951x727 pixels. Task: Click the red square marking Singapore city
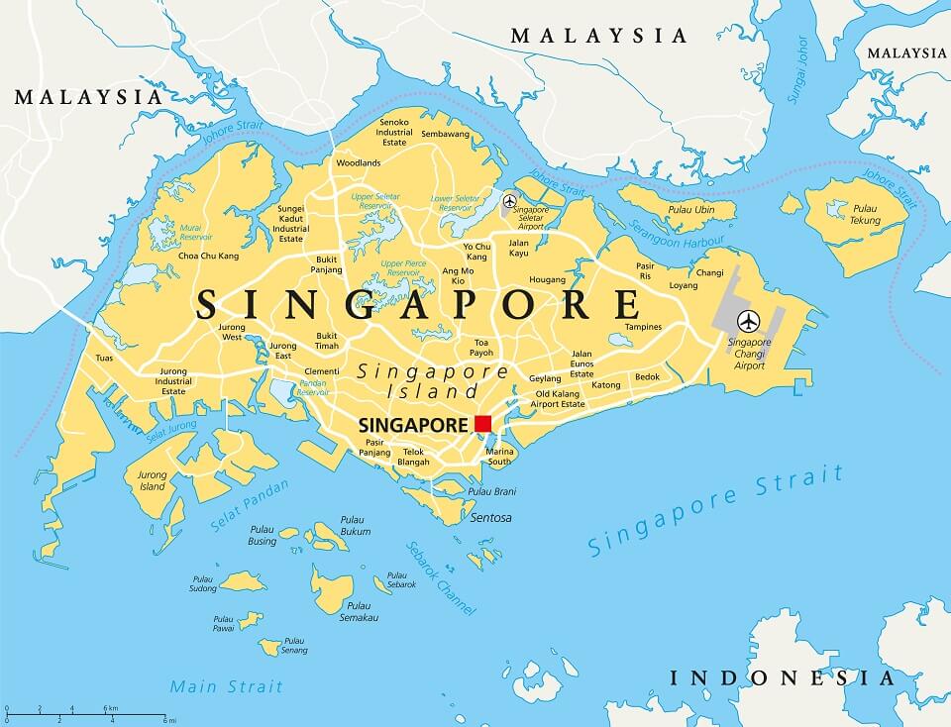[482, 424]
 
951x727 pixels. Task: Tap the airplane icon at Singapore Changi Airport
[749, 321]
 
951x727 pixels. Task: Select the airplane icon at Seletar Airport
[509, 200]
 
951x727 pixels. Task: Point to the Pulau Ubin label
[690, 209]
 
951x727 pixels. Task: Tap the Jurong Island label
[153, 480]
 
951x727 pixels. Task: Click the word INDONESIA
[782, 678]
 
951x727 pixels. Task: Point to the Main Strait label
[226, 685]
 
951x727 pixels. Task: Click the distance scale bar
[89, 713]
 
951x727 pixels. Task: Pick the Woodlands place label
[358, 162]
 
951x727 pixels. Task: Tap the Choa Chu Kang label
[208, 256]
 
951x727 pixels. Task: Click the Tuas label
[104, 358]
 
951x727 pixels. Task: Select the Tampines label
[643, 327]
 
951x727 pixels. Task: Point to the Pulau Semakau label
[359, 612]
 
